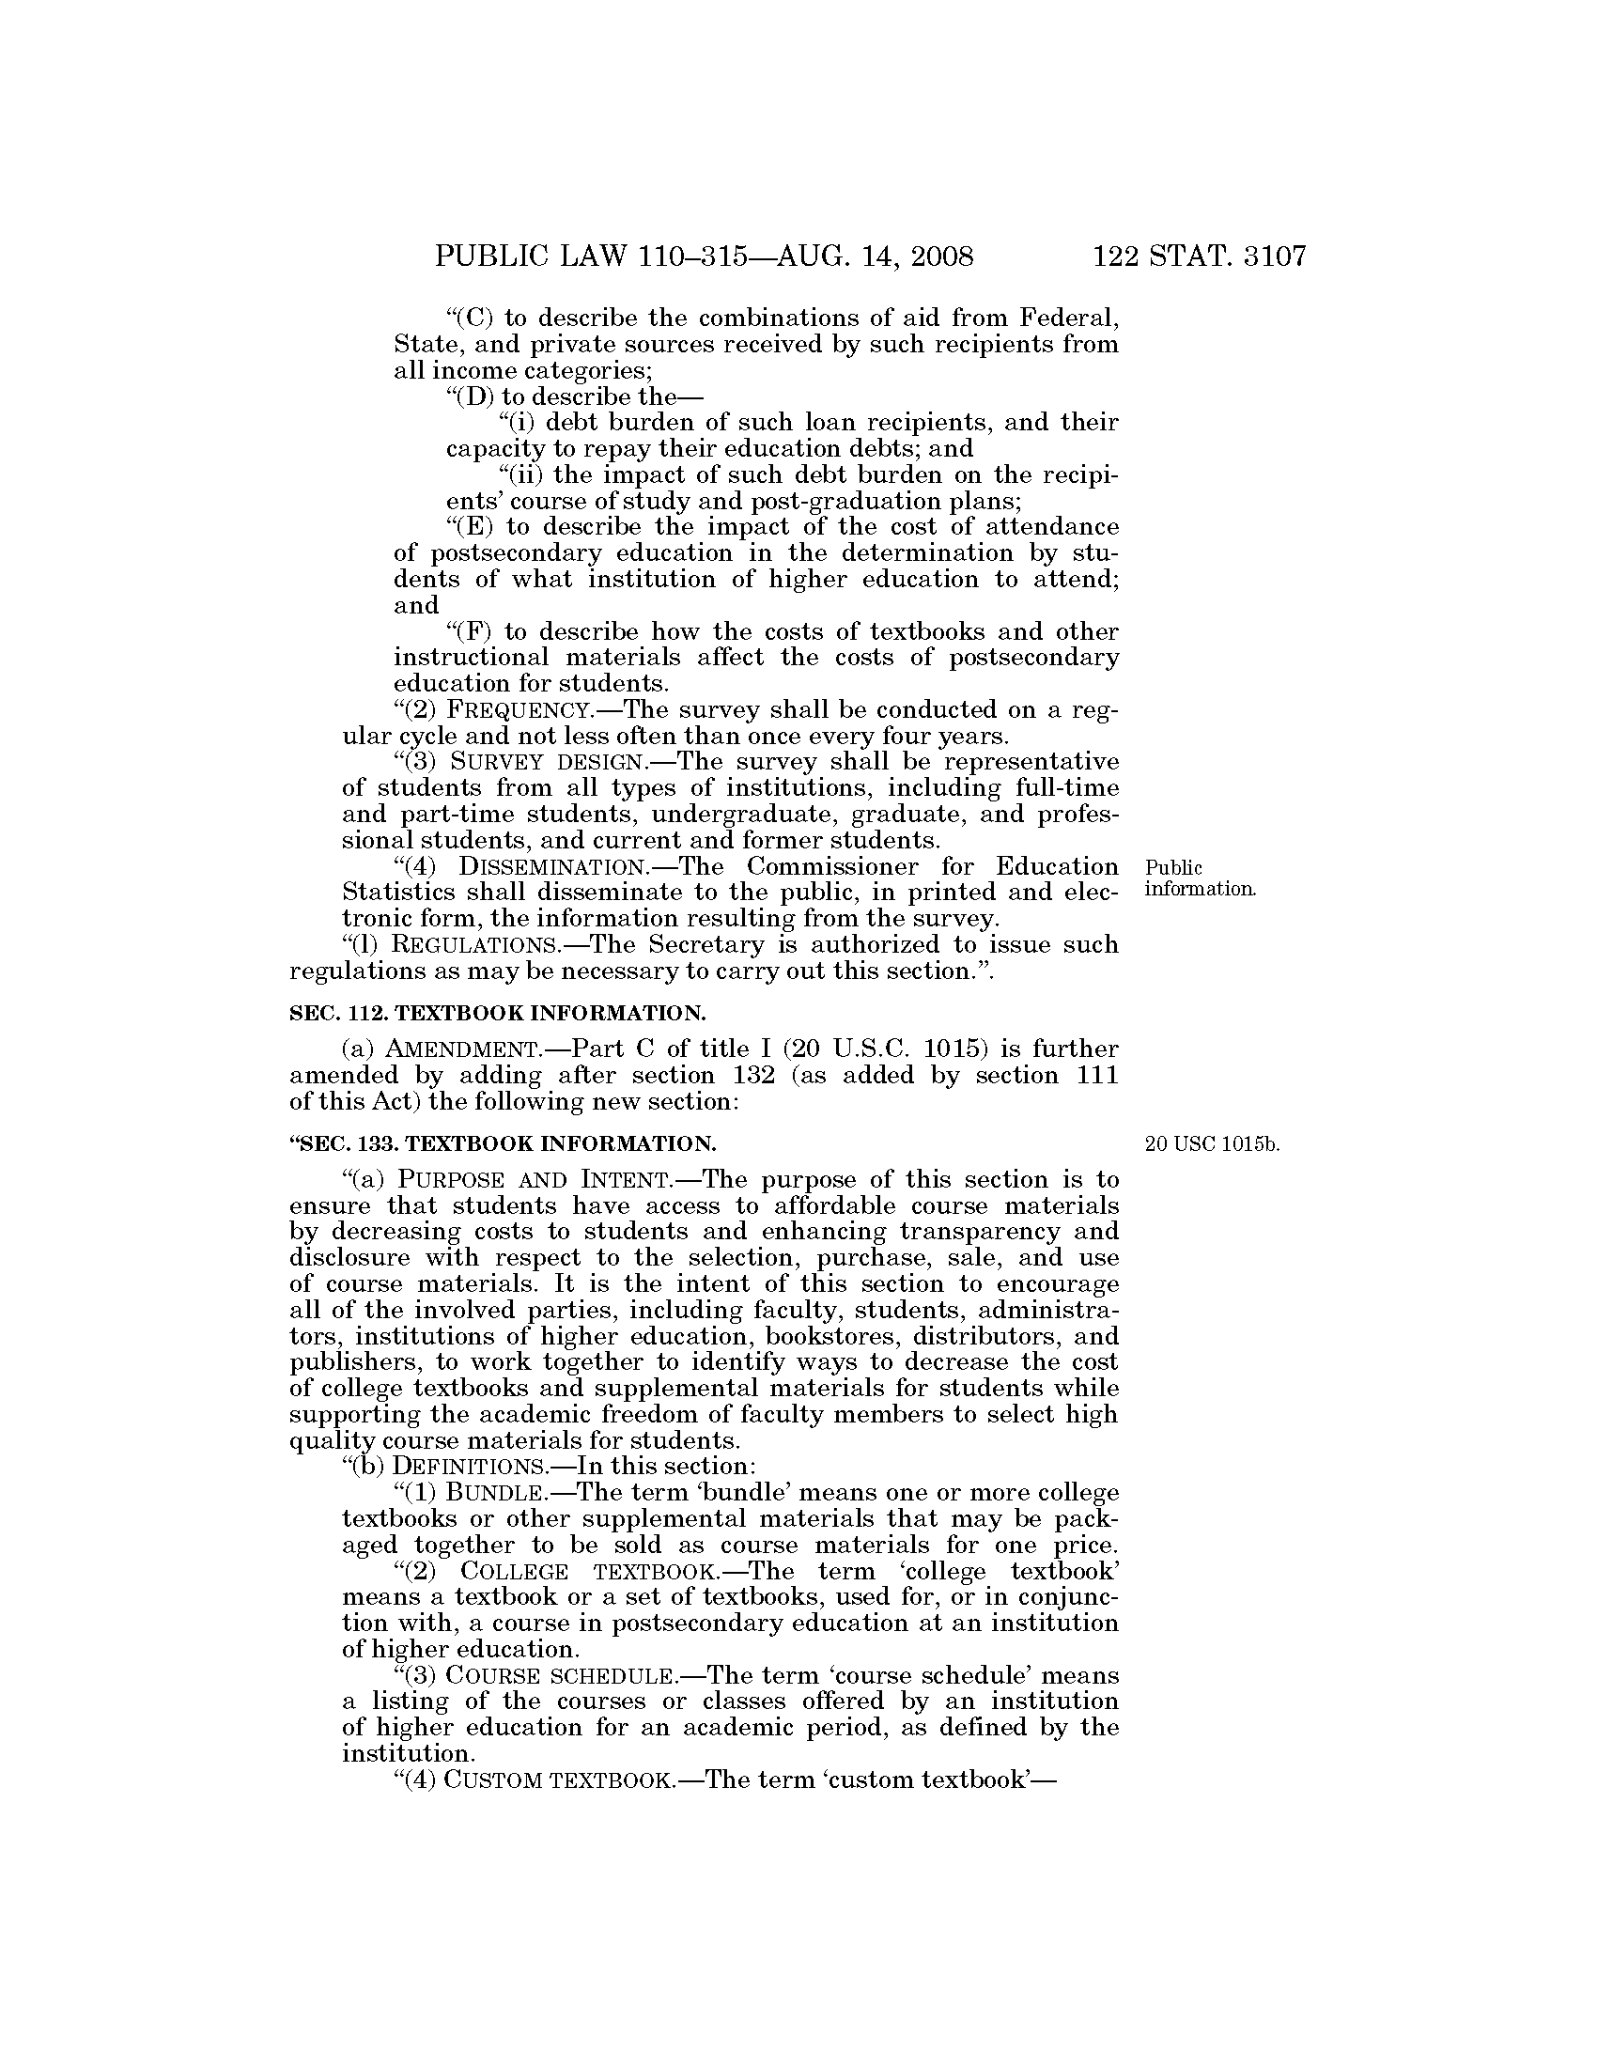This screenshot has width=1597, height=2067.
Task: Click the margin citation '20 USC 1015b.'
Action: coord(1211,1144)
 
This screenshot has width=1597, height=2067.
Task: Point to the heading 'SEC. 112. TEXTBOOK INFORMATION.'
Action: coord(498,1014)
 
